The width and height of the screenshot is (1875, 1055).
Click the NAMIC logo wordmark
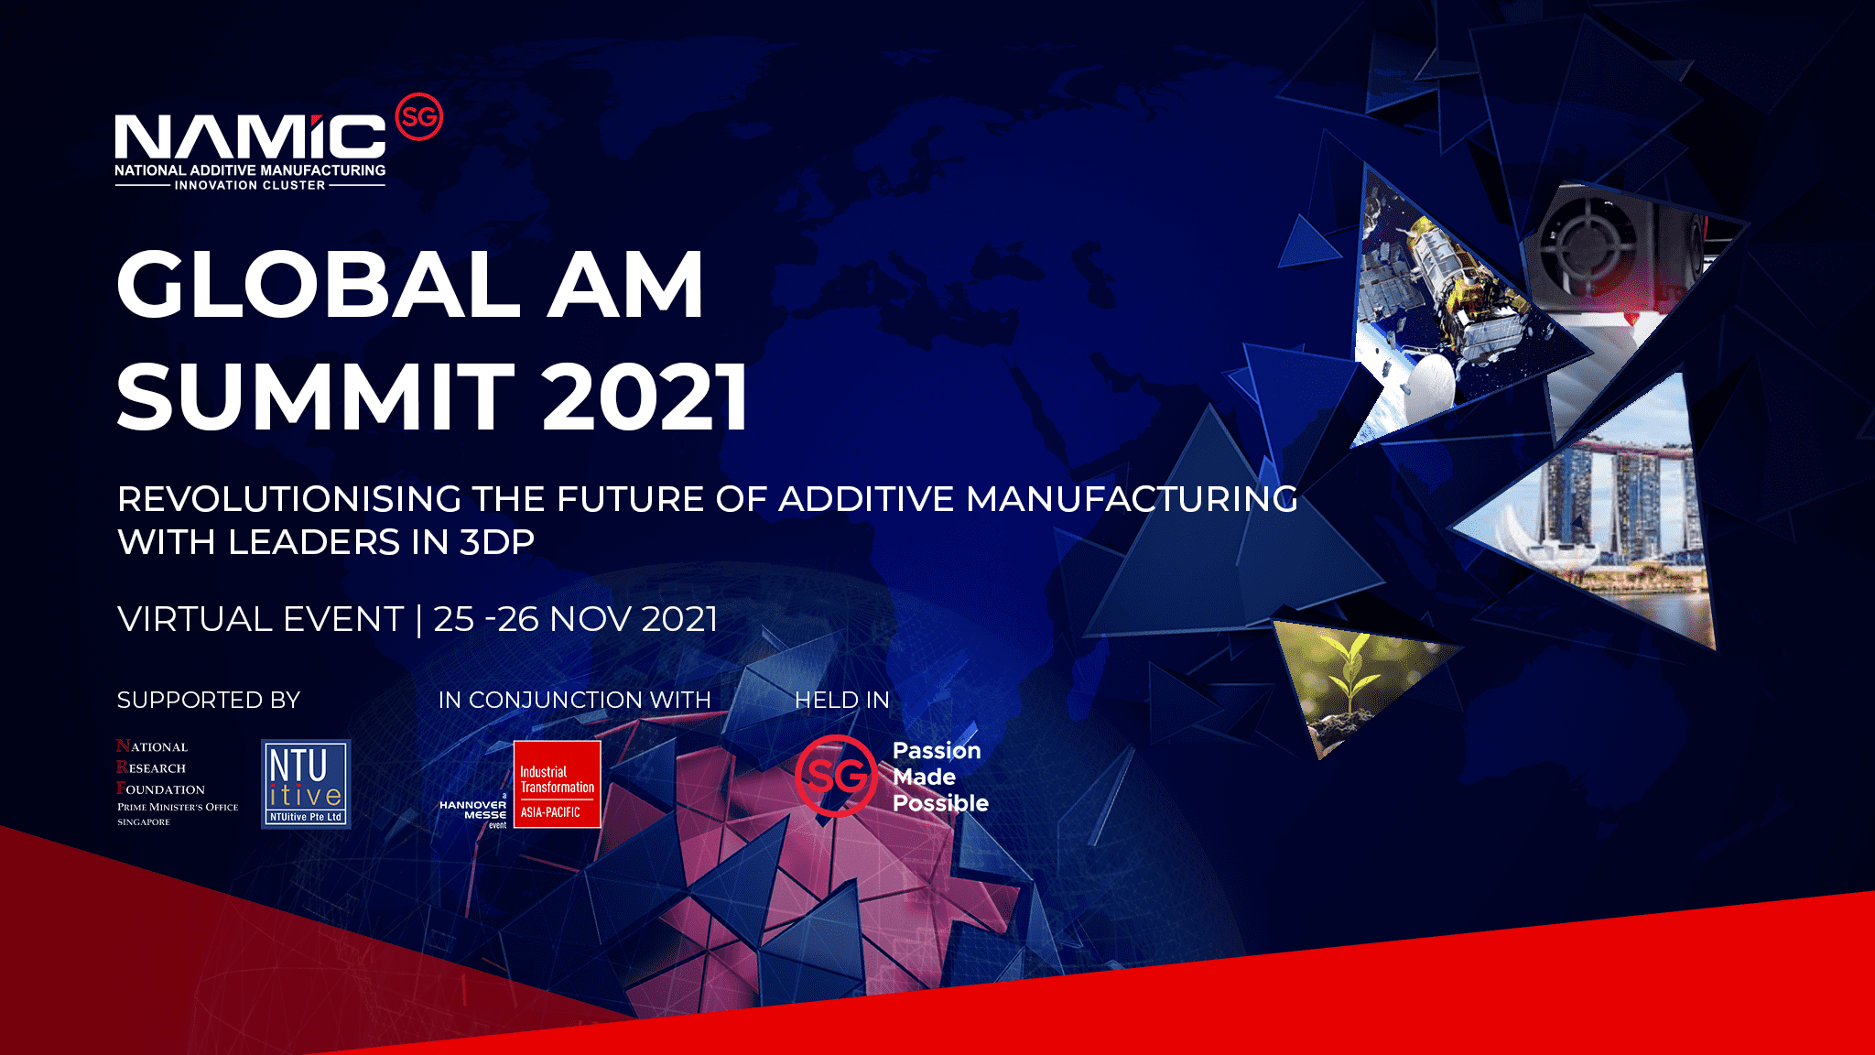(250, 136)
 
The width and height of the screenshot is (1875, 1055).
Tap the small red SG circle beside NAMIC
(418, 117)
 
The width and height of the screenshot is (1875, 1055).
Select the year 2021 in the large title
(645, 396)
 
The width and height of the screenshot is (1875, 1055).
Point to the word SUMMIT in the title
(316, 396)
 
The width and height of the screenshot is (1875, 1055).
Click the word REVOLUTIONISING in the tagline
(289, 499)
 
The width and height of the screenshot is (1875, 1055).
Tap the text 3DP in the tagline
(497, 542)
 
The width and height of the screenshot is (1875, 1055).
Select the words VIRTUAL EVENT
(260, 619)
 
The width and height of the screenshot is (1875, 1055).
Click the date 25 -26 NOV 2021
(576, 619)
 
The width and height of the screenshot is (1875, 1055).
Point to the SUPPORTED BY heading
(209, 700)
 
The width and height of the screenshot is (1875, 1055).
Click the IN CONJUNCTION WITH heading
(574, 700)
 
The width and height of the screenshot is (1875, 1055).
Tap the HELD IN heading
(842, 700)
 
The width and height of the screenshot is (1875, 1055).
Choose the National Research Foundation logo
(177, 783)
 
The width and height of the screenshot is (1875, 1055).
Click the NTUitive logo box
(306, 784)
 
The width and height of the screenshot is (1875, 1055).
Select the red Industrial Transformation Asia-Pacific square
(557, 784)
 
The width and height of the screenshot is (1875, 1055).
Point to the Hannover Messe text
(472, 810)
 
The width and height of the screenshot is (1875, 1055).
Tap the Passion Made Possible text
(940, 777)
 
